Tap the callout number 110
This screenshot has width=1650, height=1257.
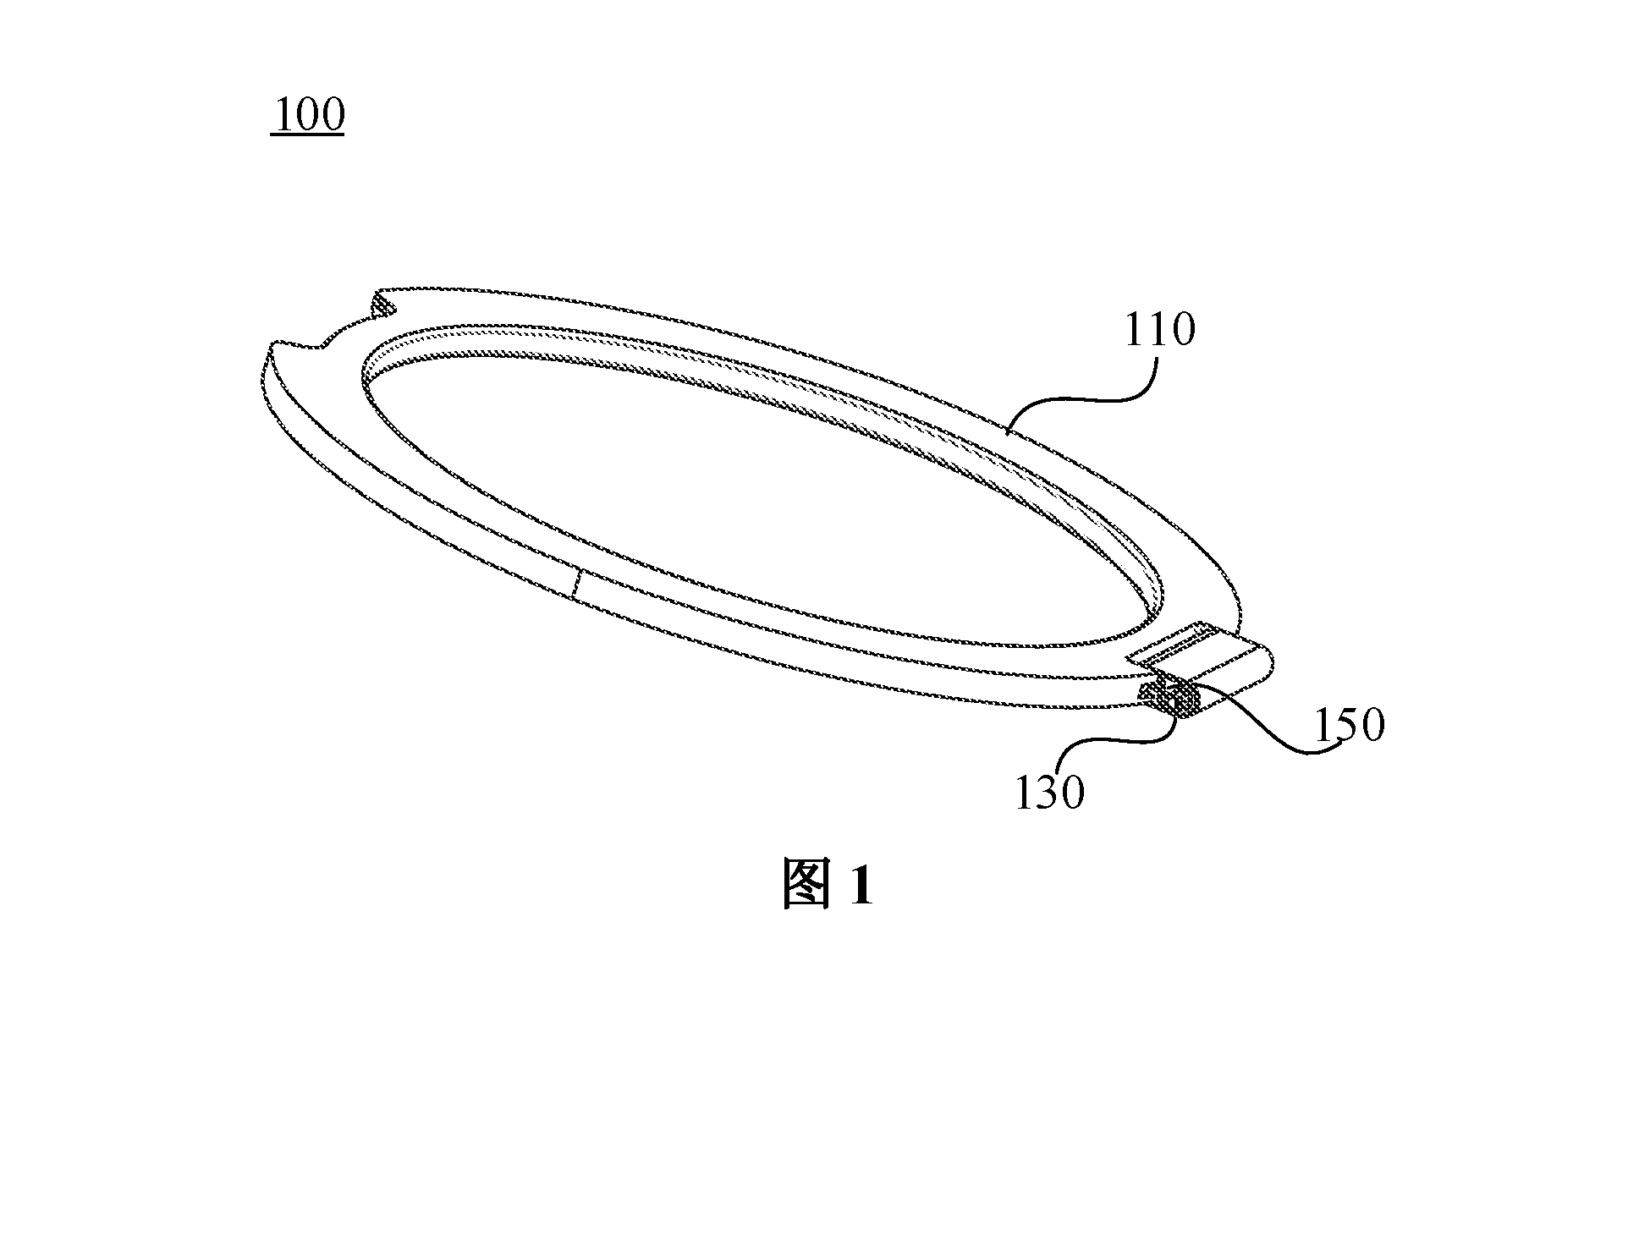point(1159,330)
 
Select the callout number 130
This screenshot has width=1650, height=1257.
point(1049,793)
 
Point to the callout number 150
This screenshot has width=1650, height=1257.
point(1349,725)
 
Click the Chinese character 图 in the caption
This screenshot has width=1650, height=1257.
point(807,884)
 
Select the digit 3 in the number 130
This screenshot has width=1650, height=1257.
point(1049,793)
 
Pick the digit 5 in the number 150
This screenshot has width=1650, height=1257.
point(1349,725)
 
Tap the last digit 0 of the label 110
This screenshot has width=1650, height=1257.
point(1184,330)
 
